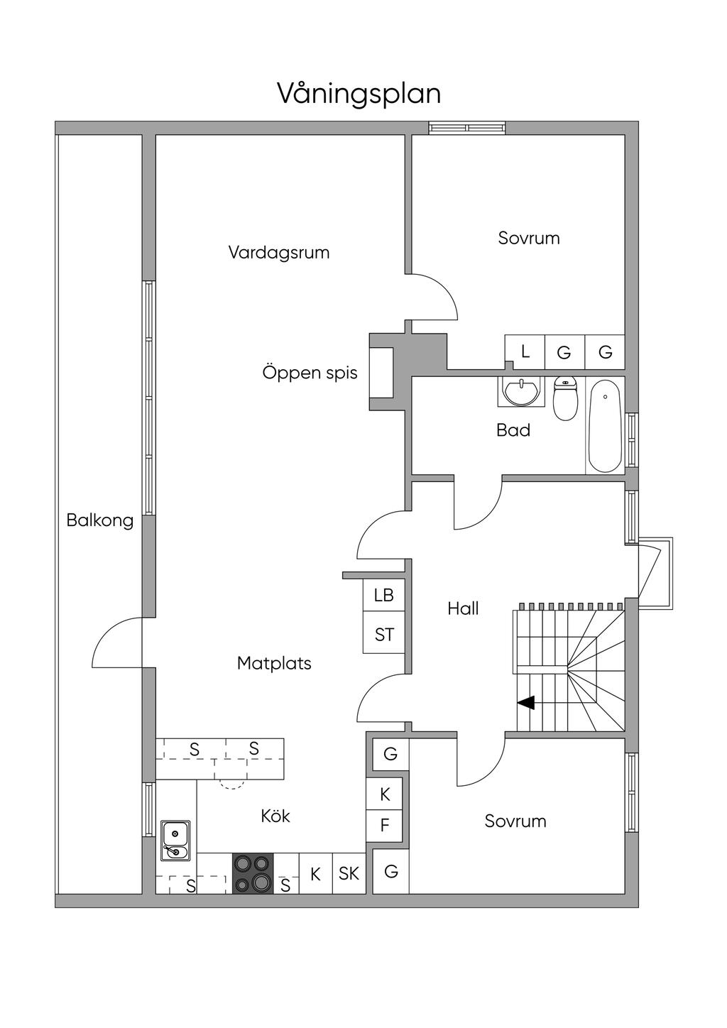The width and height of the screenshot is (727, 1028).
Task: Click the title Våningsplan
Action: point(359,94)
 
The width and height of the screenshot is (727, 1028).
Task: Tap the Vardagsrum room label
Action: point(279,253)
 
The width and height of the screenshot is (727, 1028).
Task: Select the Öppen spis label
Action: point(310,373)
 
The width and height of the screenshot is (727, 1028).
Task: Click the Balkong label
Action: point(100,520)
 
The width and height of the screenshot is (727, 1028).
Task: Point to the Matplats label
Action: point(274,664)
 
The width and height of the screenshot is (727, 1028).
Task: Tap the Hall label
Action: point(463,608)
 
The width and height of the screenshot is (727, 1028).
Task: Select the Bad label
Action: point(513,430)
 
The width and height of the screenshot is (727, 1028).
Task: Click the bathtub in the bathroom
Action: point(605,425)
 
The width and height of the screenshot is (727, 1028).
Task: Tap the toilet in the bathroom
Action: point(565,398)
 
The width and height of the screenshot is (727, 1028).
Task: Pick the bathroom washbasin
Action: point(521,391)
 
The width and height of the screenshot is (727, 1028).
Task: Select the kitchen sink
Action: point(175,841)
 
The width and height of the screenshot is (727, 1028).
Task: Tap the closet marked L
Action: point(525,351)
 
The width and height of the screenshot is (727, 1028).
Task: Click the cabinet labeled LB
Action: point(383,595)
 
